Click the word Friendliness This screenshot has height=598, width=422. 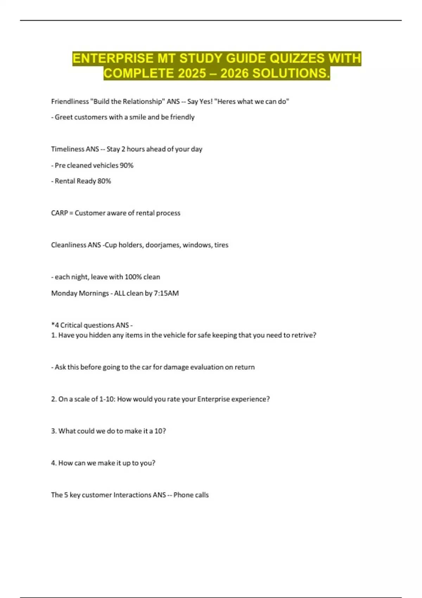70,102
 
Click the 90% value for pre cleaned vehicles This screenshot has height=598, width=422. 127,165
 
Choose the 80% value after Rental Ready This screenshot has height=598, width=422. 104,181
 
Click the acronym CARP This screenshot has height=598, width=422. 59,213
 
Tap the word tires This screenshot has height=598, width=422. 221,245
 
